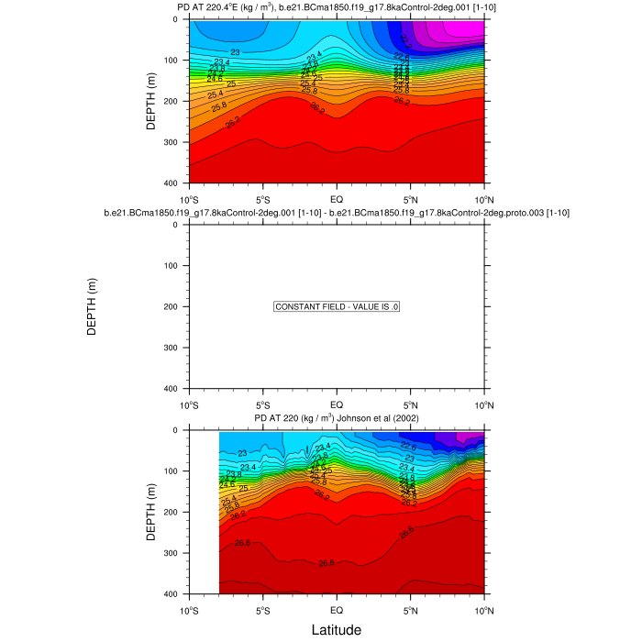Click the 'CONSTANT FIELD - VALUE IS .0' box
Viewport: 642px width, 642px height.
pyautogui.click(x=337, y=307)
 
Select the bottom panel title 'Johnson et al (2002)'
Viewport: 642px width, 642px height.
pyautogui.click(x=337, y=419)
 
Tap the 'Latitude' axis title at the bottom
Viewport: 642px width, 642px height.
pyautogui.click(x=337, y=630)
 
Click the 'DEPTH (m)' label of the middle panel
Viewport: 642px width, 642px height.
pyautogui.click(x=92, y=307)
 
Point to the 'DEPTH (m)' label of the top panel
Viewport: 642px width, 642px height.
pyautogui.click(x=152, y=101)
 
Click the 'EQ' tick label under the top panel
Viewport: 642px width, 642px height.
pyautogui.click(x=337, y=199)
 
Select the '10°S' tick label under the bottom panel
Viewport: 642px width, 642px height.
pyautogui.click(x=190, y=610)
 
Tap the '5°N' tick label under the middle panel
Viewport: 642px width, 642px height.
pyautogui.click(x=410, y=404)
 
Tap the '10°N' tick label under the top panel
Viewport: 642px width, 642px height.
pyautogui.click(x=483, y=199)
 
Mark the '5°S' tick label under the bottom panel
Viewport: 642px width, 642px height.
pyautogui.click(x=263, y=610)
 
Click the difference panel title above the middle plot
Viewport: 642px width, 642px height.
pyautogui.click(x=337, y=213)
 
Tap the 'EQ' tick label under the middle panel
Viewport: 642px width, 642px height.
pyautogui.click(x=337, y=404)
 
